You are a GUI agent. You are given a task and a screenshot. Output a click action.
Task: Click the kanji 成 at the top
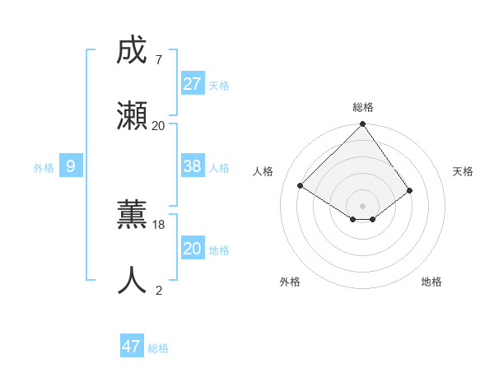(133, 51)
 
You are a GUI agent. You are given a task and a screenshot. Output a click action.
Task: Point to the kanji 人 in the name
(133, 280)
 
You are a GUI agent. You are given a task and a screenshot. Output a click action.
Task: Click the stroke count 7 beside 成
(158, 60)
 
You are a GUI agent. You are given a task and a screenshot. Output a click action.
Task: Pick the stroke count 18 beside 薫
(159, 224)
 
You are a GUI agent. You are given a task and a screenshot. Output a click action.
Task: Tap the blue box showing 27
(193, 84)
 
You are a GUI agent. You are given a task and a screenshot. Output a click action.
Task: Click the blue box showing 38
(193, 166)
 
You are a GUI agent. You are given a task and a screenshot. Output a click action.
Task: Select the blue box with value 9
(71, 166)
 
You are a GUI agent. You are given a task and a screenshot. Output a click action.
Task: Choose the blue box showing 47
(132, 347)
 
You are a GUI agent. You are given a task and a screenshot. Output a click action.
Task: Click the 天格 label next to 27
(219, 86)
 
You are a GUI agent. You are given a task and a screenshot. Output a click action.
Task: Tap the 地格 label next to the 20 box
(219, 250)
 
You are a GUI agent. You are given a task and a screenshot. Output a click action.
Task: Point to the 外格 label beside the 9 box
(44, 168)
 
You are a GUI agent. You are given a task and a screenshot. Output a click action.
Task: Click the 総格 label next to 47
(158, 348)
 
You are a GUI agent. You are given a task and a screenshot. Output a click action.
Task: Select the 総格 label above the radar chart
(363, 107)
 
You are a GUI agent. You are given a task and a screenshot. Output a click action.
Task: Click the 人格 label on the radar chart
(263, 171)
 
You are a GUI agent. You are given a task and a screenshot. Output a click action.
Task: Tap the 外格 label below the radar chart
(290, 282)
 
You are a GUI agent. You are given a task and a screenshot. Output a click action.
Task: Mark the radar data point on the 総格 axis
(362, 125)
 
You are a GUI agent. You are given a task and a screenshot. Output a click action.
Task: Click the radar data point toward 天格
(410, 191)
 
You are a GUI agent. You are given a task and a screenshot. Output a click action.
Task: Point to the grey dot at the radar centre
(362, 205)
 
